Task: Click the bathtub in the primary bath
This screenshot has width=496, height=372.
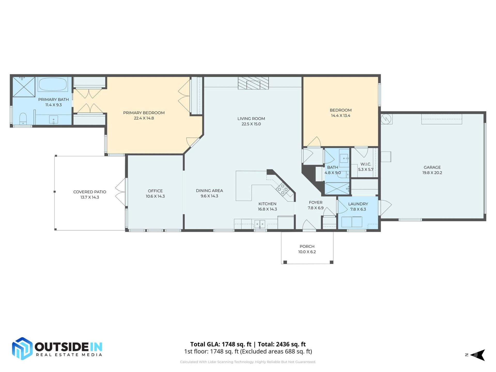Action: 53,84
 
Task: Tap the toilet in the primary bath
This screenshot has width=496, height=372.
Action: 23,119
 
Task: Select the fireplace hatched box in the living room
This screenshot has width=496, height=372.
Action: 253,83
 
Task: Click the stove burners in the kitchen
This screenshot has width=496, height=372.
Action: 282,189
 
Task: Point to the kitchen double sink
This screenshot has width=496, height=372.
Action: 260,224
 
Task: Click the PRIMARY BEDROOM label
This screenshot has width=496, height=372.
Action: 144,113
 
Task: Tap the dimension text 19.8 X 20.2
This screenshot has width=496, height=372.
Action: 432,173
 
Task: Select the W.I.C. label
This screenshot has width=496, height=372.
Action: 366,164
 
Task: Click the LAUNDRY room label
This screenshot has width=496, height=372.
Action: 358,204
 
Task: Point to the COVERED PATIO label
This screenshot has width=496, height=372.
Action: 90,192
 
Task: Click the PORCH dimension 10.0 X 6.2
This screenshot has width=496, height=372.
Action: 307,252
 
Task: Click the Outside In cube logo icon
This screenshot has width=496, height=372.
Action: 22,348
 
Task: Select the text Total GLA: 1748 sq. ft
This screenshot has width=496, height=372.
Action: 221,344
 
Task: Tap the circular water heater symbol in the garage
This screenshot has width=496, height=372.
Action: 386,119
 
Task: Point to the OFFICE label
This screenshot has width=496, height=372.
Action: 155,191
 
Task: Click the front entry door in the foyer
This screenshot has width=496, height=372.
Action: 309,225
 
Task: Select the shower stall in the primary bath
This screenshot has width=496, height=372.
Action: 24,87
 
